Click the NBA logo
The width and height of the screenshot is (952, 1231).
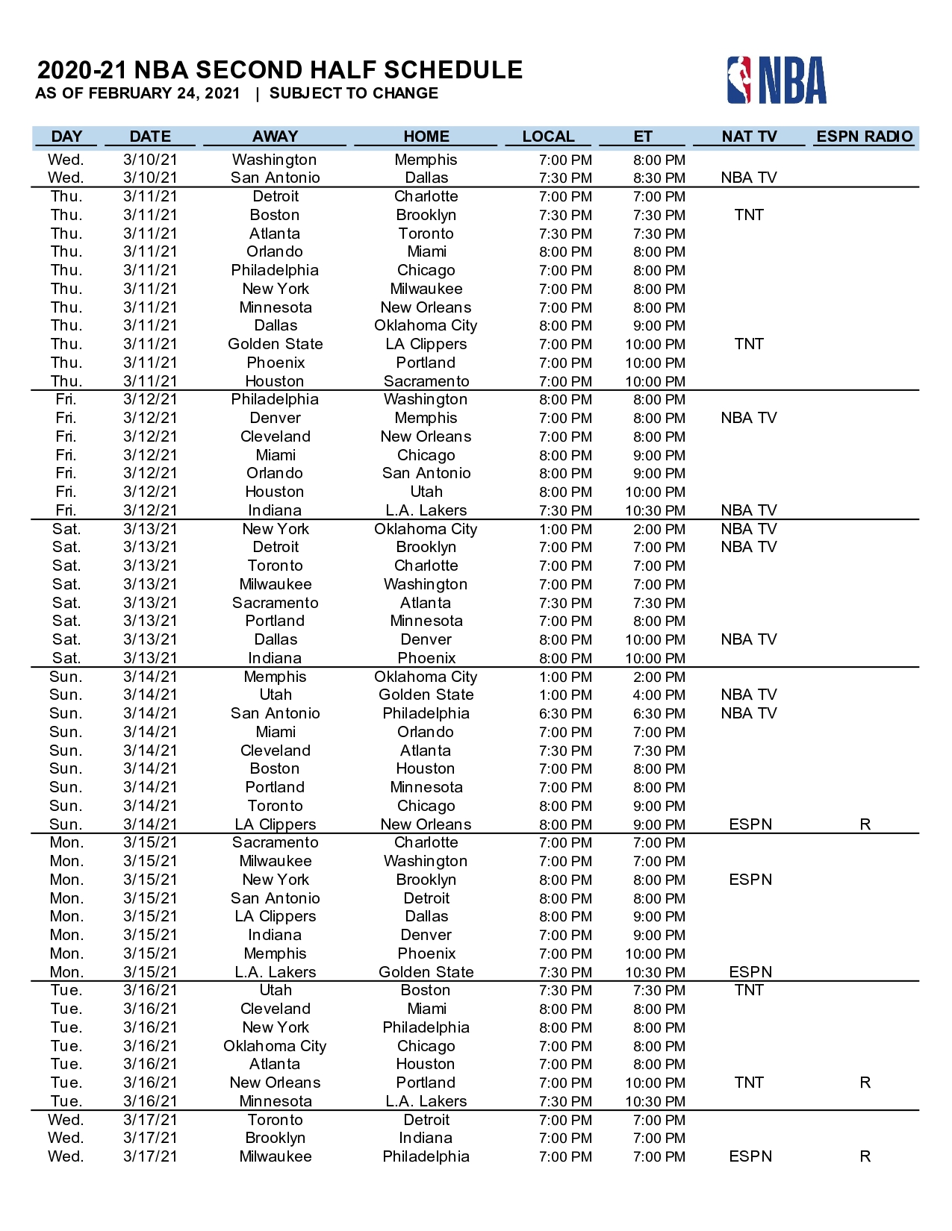[x=777, y=80]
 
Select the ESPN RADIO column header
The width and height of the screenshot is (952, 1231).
[x=864, y=137]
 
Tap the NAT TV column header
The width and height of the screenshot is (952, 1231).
[x=749, y=137]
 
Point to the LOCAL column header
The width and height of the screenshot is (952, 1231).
[x=548, y=137]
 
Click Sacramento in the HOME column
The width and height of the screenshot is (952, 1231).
[x=426, y=381]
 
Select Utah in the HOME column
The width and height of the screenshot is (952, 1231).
[x=426, y=492]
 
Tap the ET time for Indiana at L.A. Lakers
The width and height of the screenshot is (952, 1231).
[x=655, y=511]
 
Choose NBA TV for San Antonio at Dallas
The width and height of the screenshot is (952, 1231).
[x=749, y=178]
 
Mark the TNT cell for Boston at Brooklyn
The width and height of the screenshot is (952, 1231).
[x=749, y=215]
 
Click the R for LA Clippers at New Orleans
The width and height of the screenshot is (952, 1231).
[x=865, y=824]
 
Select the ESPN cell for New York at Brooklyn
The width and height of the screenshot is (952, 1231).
[x=750, y=880]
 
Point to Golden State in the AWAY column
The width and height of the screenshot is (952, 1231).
[x=276, y=344]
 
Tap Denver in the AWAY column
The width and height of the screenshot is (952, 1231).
[x=276, y=418]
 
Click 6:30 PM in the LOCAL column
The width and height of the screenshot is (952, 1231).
[x=565, y=714]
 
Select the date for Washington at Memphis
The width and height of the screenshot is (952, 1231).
[x=150, y=160]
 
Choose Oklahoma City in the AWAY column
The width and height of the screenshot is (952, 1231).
[x=275, y=1046]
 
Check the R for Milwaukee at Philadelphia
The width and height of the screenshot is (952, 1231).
[x=865, y=1156]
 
